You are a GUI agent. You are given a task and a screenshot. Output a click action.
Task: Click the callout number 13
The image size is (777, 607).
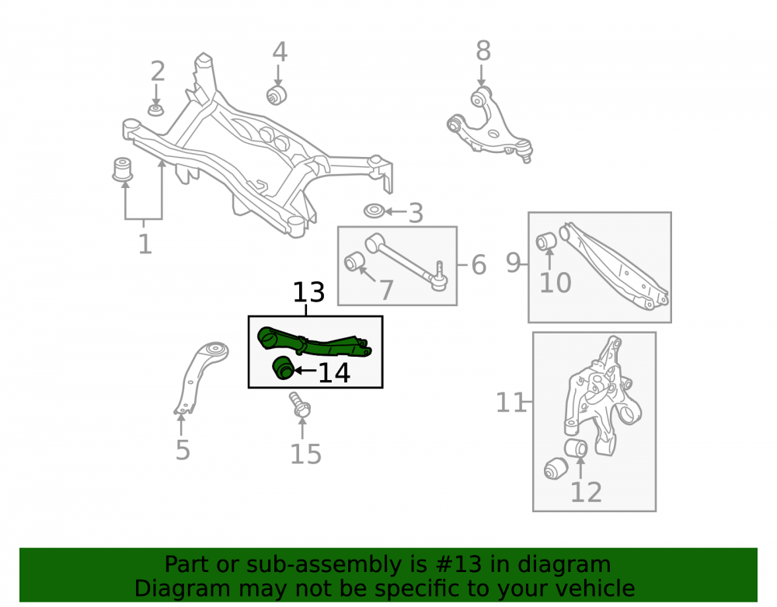click(308, 292)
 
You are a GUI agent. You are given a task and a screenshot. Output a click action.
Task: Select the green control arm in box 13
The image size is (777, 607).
click(314, 342)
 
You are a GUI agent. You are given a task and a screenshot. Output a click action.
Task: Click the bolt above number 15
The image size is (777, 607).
click(300, 405)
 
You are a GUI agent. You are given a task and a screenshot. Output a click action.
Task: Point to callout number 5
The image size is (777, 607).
click(183, 450)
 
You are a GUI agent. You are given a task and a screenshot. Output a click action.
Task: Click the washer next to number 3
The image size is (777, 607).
click(375, 211)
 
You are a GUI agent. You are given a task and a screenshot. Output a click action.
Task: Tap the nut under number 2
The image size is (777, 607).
click(156, 110)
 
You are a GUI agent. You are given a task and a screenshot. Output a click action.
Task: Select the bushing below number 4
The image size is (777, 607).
click(277, 95)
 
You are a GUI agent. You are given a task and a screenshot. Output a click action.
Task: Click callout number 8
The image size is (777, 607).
click(483, 51)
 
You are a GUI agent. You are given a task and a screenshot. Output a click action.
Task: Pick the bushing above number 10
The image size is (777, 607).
click(546, 241)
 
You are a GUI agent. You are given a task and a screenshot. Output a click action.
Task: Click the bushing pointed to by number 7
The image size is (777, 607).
click(354, 262)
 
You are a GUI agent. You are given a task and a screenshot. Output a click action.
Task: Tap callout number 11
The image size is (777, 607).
click(511, 403)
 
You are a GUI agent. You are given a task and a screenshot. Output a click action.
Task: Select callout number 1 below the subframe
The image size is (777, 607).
click(145, 244)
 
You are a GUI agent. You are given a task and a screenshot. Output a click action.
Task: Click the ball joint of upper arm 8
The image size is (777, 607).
click(524, 149)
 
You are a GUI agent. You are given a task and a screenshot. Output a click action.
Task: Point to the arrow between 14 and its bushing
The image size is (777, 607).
click(305, 370)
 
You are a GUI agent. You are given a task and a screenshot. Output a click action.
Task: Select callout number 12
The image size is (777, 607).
click(586, 493)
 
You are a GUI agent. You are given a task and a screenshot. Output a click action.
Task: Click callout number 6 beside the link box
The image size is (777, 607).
click(479, 265)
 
